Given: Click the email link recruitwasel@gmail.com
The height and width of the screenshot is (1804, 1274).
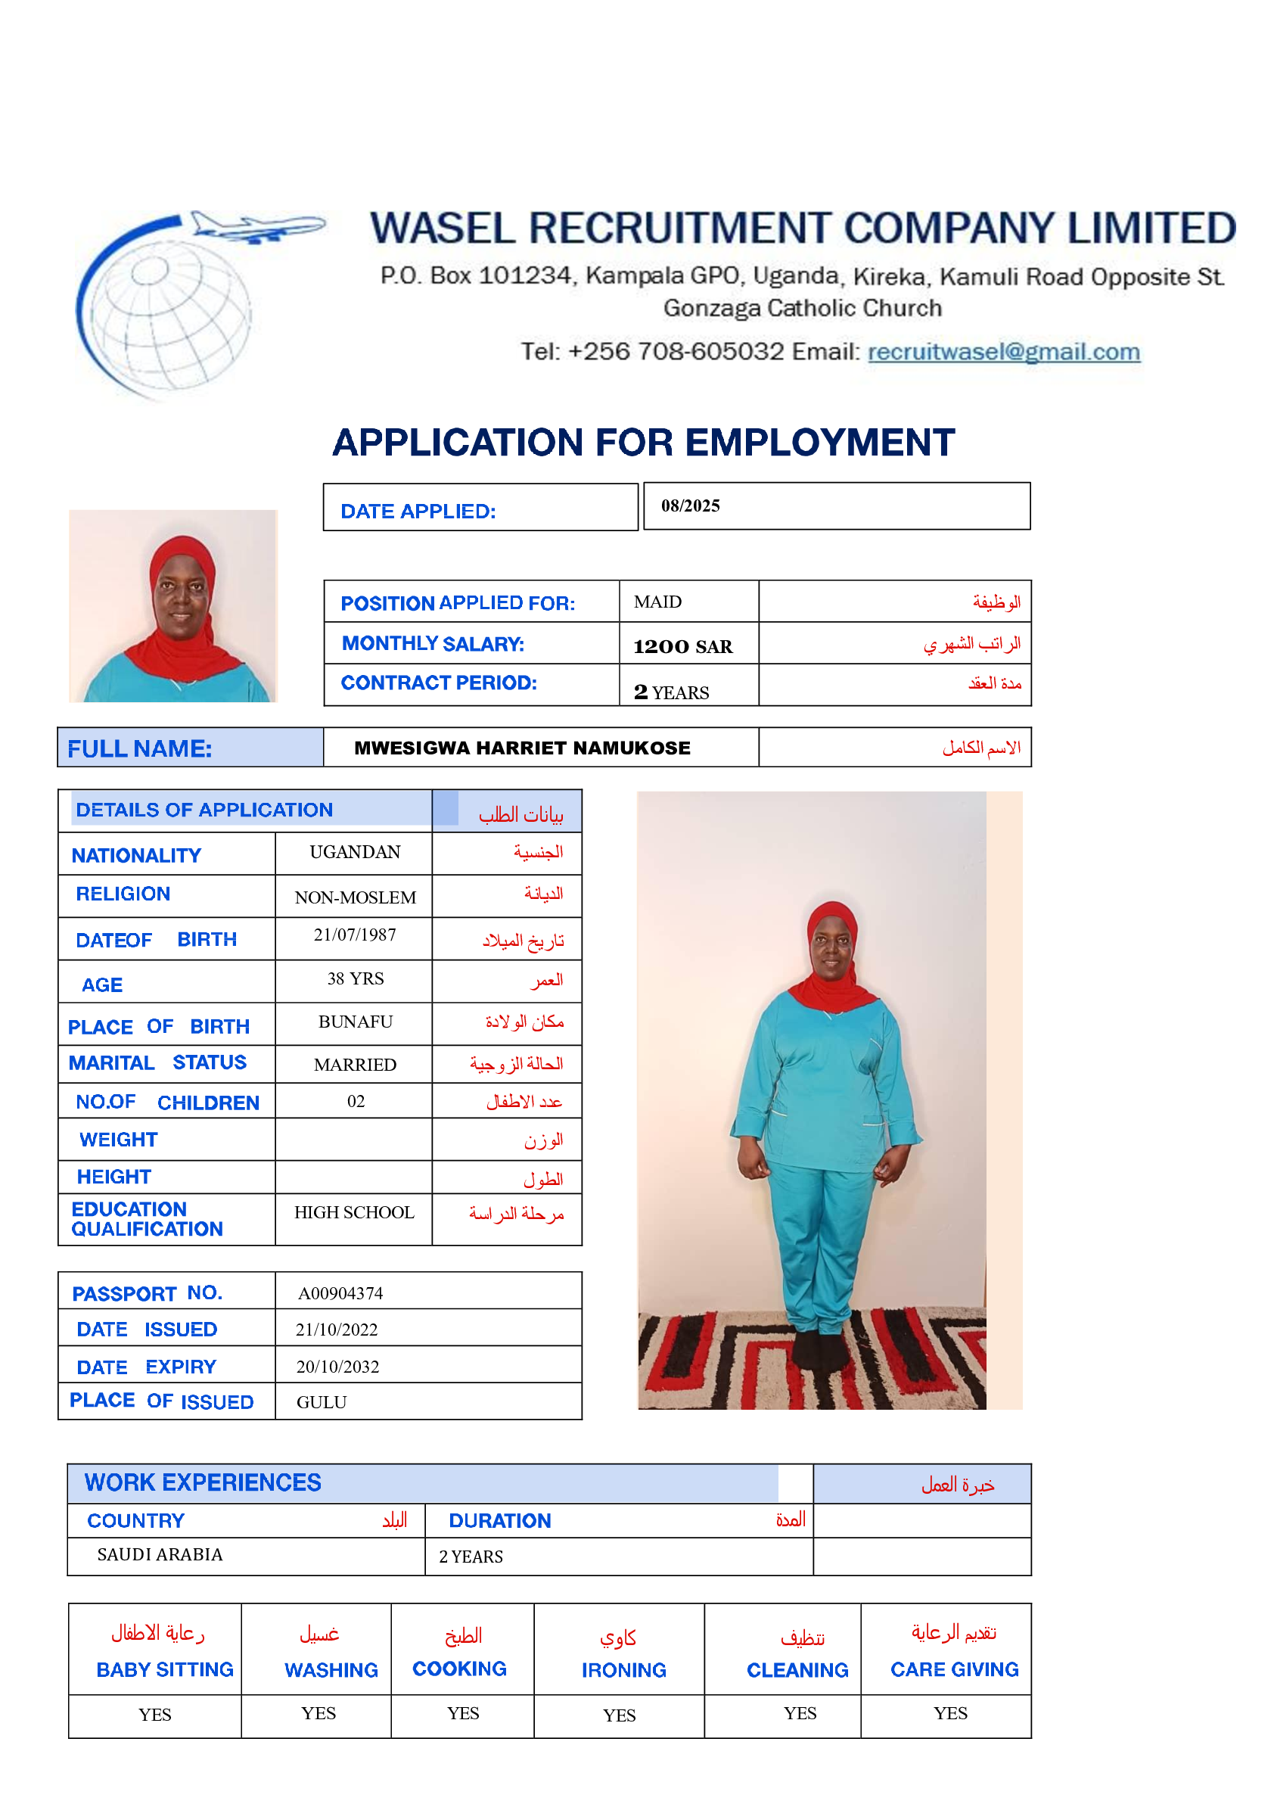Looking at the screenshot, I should tap(1003, 351).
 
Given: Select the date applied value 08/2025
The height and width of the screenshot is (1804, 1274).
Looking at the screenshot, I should tap(690, 506).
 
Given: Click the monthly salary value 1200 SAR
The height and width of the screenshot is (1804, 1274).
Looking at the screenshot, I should tap(682, 647).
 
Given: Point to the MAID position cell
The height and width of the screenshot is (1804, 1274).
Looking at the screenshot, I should tap(657, 602).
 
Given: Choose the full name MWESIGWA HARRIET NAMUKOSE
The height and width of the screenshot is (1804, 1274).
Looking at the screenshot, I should tap(521, 748).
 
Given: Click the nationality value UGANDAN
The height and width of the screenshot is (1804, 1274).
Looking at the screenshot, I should tap(355, 853).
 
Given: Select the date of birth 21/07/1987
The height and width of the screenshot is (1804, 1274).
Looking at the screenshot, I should tap(355, 935).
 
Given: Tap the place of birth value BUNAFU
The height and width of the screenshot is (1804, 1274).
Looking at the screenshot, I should tap(355, 1022).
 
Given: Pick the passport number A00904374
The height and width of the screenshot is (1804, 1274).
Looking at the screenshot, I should tap(340, 1293).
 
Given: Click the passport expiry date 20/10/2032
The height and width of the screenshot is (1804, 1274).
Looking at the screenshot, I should tap(337, 1367).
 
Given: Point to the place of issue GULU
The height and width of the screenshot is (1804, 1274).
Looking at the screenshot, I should tap(322, 1402).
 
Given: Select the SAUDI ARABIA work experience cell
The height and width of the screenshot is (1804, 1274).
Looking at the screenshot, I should tap(160, 1555).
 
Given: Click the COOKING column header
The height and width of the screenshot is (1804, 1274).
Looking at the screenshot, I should tap(459, 1669).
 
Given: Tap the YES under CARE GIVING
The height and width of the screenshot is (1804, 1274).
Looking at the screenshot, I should tap(949, 1714).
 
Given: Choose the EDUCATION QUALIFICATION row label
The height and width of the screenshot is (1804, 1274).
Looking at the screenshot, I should tap(147, 1218).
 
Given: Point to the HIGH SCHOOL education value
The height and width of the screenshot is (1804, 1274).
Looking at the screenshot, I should tap(354, 1213).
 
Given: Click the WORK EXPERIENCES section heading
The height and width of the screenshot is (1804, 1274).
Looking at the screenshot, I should tap(203, 1482).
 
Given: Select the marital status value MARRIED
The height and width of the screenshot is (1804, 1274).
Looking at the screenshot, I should tap(355, 1065).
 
